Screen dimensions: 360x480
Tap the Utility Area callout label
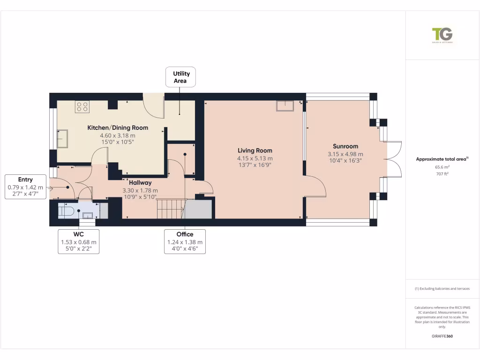pos(180,77)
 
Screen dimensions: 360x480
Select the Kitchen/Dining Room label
pos(118,127)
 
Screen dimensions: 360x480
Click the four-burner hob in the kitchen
pos(82,107)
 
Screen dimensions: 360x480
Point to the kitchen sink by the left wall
pos(62,138)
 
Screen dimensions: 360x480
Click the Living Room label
pos(255,150)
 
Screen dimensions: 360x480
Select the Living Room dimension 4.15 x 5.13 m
pos(255,158)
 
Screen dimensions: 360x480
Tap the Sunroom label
pos(345,146)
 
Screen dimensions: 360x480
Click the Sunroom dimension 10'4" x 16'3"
pos(345,161)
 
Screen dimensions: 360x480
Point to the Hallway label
pos(140,182)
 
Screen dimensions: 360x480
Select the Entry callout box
pos(25,187)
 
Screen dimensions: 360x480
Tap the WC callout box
pos(78,242)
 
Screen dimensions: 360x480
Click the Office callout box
pos(185,242)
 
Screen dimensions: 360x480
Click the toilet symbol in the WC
pos(65,211)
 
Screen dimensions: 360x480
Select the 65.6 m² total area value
pos(442,167)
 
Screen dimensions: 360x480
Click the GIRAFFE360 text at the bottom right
pos(442,336)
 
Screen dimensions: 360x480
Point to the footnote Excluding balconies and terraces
pos(442,289)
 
